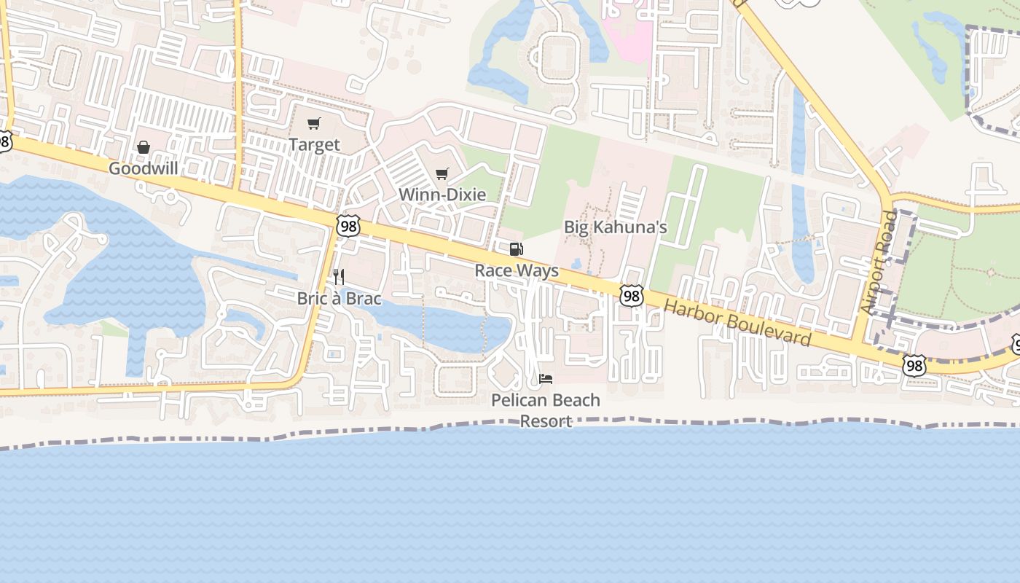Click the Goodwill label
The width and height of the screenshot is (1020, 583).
click(x=144, y=169)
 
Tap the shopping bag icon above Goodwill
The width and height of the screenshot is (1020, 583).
click(x=144, y=148)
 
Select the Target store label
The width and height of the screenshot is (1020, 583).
click(x=314, y=144)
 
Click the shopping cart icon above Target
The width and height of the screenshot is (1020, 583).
click(x=313, y=124)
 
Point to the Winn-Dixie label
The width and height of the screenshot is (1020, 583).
click(x=442, y=195)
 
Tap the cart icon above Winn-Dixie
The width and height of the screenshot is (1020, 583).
click(x=442, y=174)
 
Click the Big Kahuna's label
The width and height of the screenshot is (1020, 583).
click(x=616, y=227)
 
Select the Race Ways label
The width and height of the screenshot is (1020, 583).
click(x=517, y=271)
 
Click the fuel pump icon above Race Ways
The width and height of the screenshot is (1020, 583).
click(x=516, y=250)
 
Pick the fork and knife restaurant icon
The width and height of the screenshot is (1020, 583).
click(x=339, y=277)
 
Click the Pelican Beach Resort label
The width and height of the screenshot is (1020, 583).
click(x=546, y=410)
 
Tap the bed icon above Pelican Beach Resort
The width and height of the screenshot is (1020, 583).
click(x=546, y=379)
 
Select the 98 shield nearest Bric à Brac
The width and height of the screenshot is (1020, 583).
click(x=349, y=227)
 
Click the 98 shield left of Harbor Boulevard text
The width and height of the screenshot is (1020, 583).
click(x=632, y=295)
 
